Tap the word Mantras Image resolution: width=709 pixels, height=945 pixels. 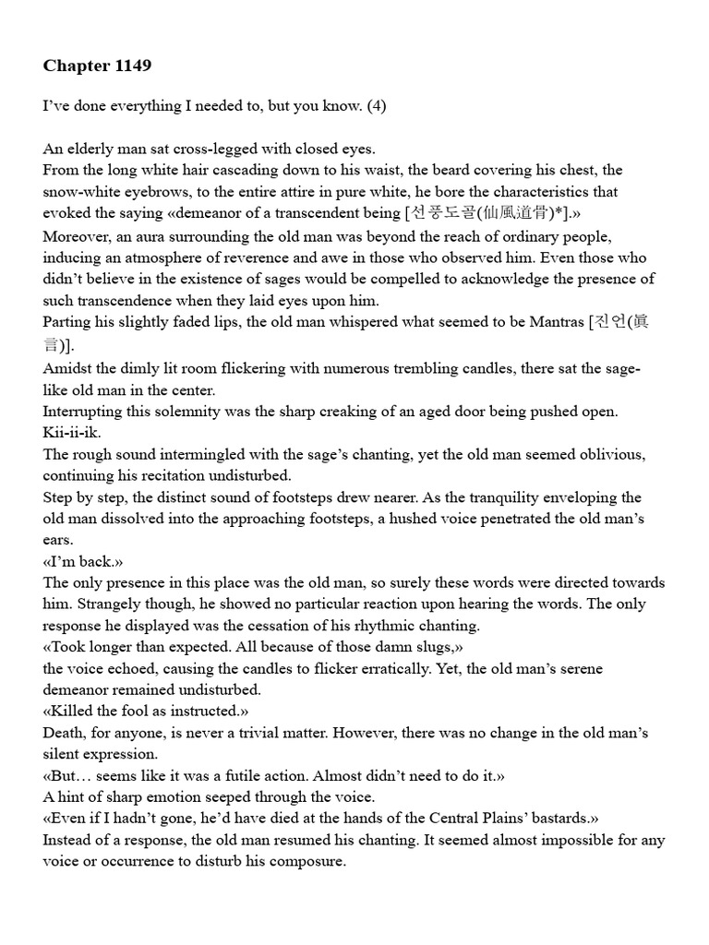554,322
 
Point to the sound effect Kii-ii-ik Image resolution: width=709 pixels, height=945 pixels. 69,433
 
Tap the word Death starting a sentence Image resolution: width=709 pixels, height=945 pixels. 64,733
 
